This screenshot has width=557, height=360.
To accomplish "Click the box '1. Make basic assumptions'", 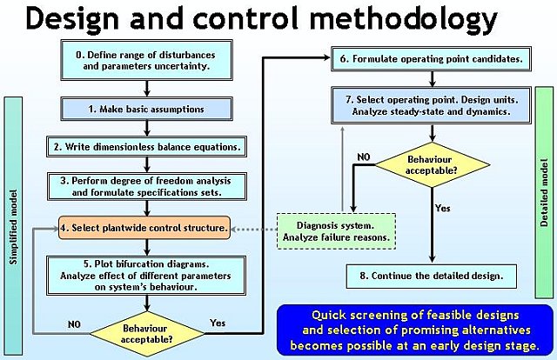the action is (x=147, y=109).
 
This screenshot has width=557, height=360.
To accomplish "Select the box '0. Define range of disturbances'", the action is (x=147, y=60).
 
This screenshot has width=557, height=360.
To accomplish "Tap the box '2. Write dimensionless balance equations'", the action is (x=147, y=147).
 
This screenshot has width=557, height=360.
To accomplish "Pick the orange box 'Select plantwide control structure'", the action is (x=144, y=228).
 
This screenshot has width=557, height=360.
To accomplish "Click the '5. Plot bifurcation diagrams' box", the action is (x=146, y=276).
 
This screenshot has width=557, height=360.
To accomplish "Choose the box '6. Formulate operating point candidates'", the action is (x=432, y=58).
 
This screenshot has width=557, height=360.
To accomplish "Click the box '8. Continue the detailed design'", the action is (x=432, y=276).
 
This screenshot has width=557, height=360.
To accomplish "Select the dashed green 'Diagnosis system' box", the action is (x=337, y=231).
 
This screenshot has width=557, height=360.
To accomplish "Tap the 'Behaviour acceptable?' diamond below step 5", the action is (x=147, y=334).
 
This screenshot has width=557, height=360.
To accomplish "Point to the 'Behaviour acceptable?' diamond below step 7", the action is (x=433, y=164).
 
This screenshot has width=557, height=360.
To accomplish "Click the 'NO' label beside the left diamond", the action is (x=74, y=324).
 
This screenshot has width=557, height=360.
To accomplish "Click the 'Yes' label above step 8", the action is (x=443, y=208).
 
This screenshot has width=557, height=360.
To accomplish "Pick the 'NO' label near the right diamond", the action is (x=364, y=157).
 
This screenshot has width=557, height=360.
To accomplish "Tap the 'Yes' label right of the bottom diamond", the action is (x=218, y=323).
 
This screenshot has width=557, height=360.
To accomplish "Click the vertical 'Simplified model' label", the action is (x=13, y=227).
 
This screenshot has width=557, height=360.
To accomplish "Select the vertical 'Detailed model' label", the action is (x=544, y=192).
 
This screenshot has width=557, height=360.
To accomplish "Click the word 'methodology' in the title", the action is (x=403, y=19).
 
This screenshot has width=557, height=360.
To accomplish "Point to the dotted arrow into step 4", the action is (x=253, y=230).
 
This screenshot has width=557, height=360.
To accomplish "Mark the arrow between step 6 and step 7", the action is (x=432, y=79).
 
